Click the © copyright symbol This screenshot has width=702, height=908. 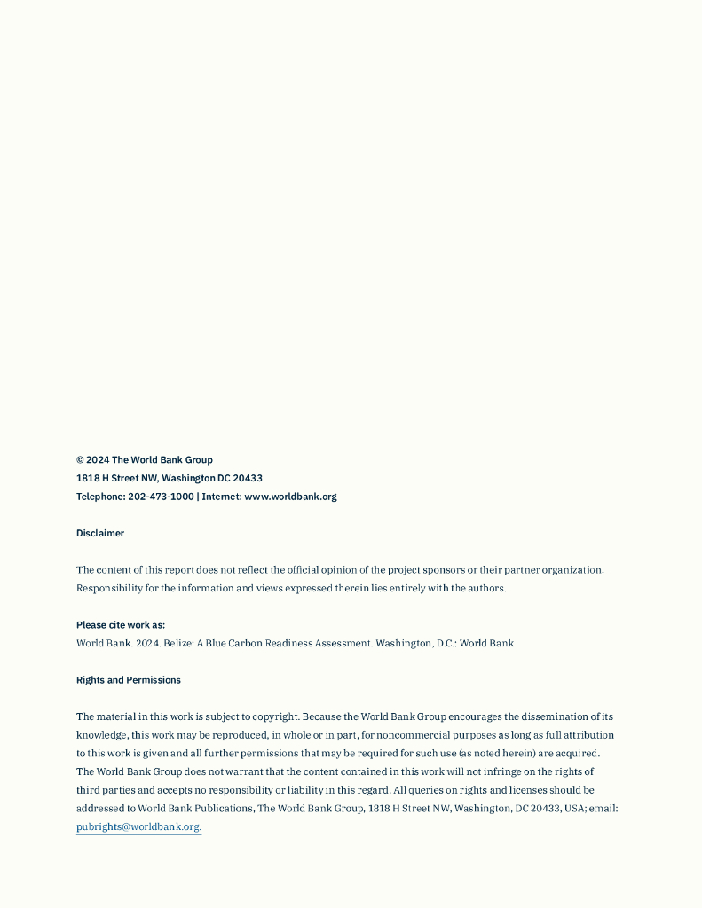80,460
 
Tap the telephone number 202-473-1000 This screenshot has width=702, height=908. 161,497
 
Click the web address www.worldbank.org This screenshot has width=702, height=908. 290,497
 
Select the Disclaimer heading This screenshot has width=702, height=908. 100,533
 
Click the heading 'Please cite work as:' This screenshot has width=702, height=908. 121,625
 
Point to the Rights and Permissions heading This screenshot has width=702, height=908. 129,680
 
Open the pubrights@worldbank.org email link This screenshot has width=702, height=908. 138,826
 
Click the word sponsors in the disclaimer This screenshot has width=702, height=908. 444,570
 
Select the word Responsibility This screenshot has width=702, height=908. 109,588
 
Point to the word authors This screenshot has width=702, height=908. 487,588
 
